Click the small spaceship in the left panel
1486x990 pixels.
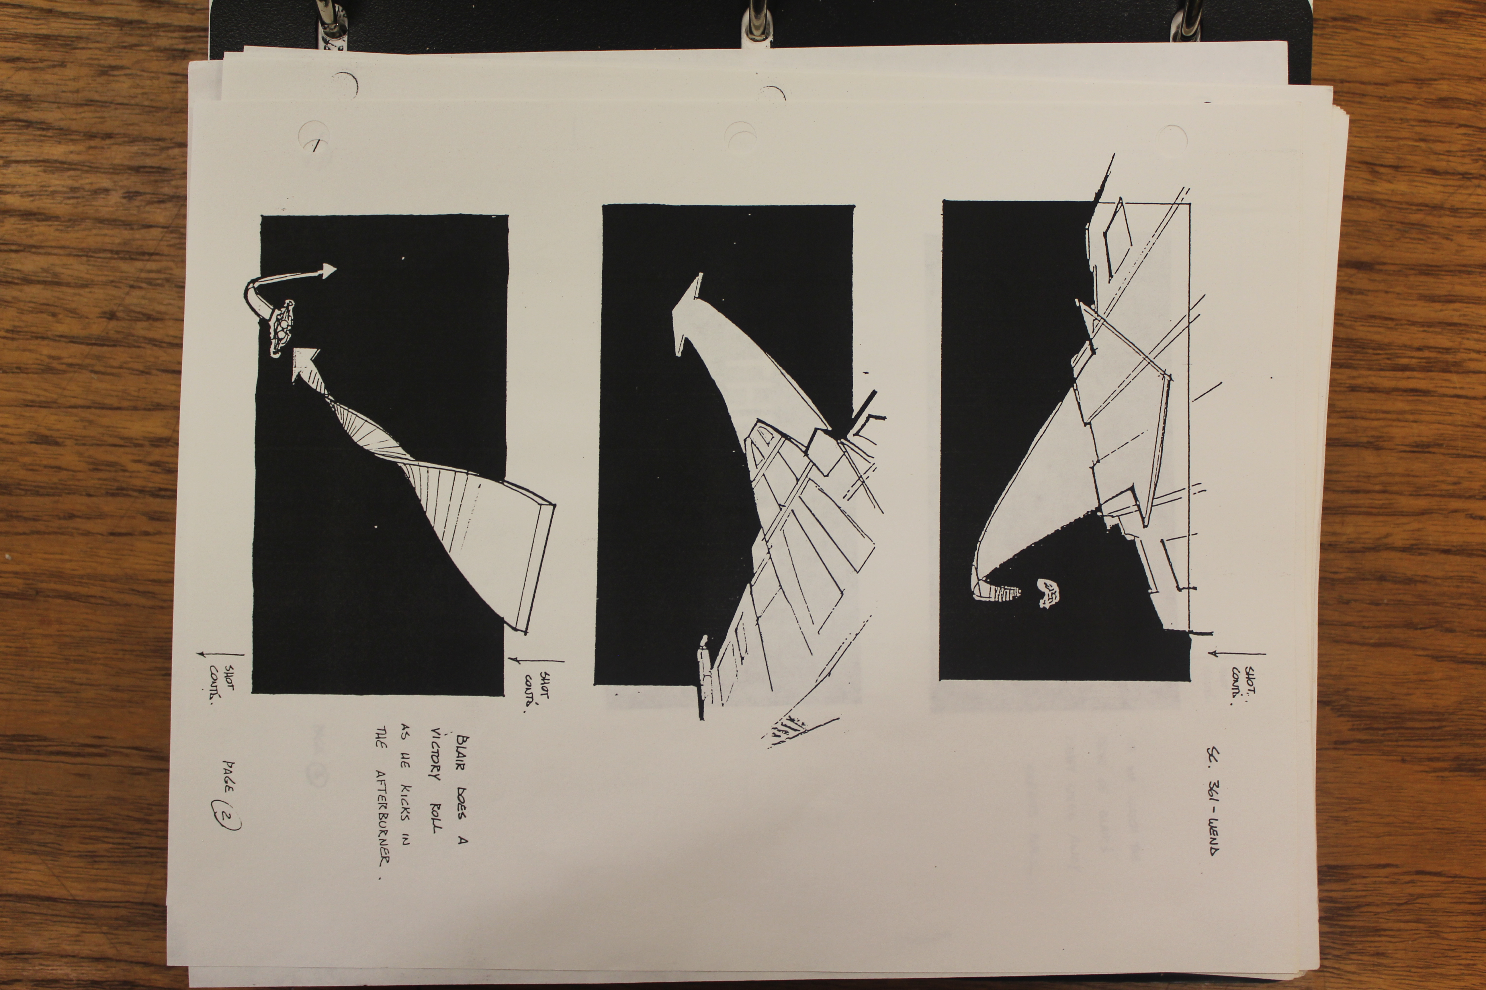(x=282, y=328)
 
